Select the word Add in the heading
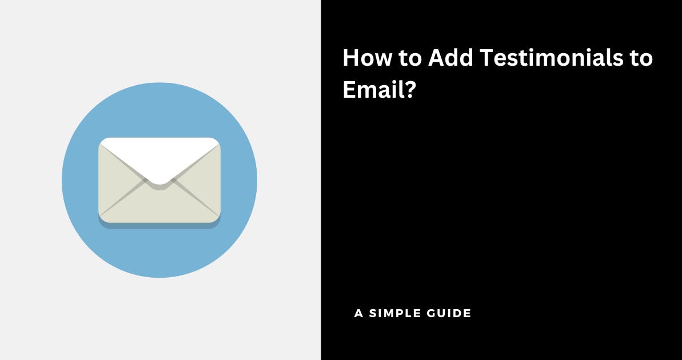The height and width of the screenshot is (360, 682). click(450, 58)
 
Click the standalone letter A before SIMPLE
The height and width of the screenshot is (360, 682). click(359, 313)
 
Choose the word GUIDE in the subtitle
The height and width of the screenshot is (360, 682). click(450, 313)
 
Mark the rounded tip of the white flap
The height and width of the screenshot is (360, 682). click(159, 183)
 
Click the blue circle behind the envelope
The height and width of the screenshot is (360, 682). click(159, 252)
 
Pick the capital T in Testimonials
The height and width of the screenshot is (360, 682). click(488, 58)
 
